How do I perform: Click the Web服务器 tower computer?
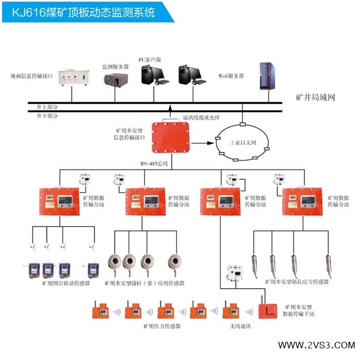pos(266,76)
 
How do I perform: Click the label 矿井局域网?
pos(316,97)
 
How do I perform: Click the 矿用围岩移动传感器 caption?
pos(66,284)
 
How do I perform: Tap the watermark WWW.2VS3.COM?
pos(317,345)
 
